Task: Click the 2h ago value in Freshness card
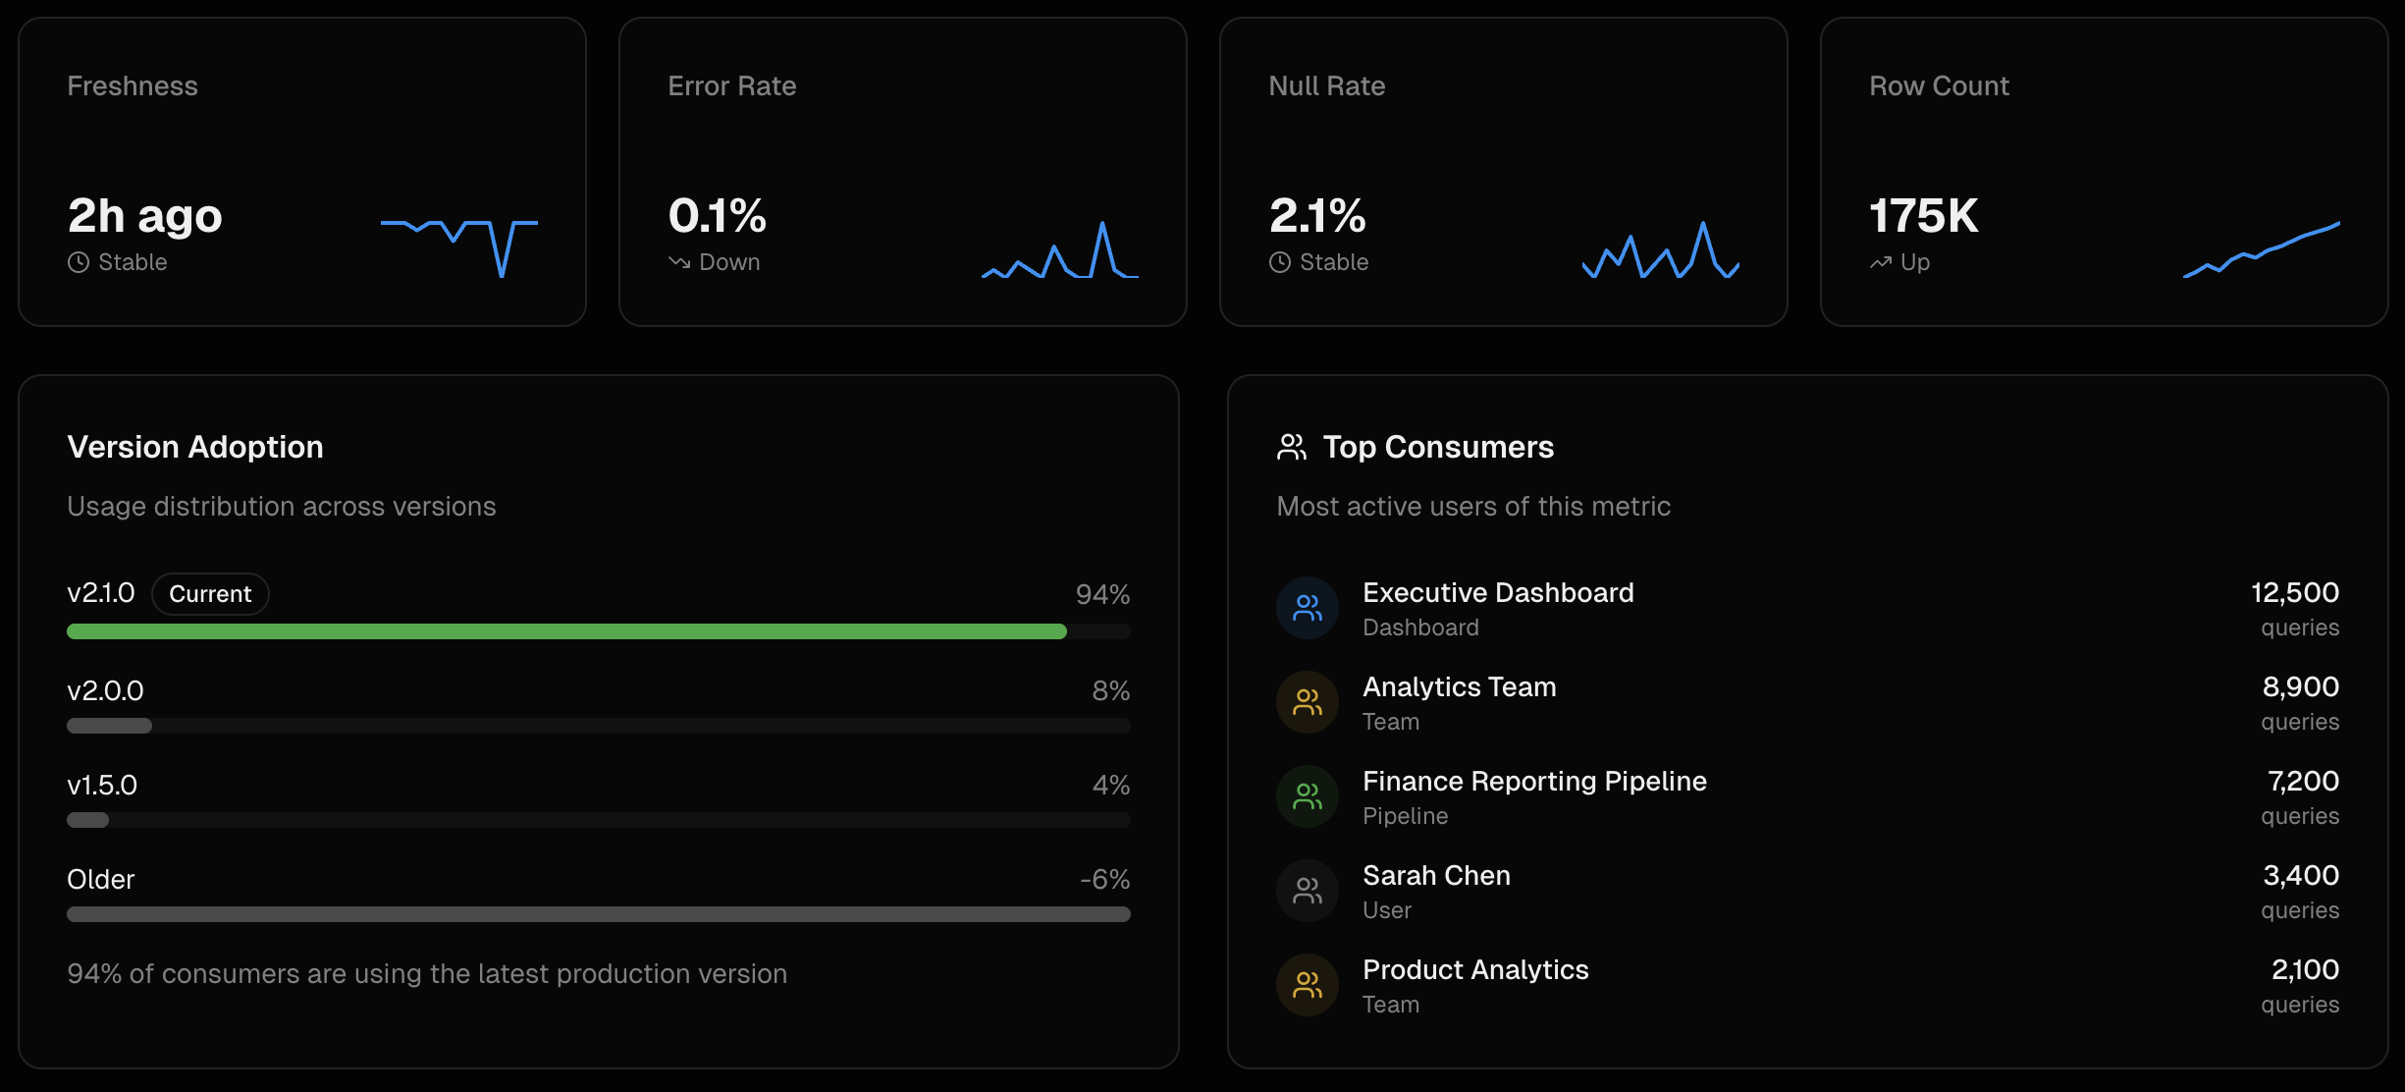point(144,216)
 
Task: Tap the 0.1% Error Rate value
point(717,216)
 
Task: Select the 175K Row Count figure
point(1923,216)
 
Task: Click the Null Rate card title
point(1326,86)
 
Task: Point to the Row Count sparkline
point(2261,250)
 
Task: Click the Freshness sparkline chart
point(458,246)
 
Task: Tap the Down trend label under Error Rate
point(728,262)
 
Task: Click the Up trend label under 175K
point(1914,262)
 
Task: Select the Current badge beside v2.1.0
point(210,594)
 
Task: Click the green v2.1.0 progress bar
point(566,631)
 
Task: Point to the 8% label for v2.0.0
point(1110,690)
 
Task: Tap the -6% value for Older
point(1104,879)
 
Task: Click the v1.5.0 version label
point(102,785)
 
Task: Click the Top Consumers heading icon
point(1291,448)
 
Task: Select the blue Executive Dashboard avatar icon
point(1307,608)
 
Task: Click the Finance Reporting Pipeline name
point(1534,781)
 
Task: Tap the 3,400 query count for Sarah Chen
point(2300,875)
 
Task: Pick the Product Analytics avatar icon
point(1307,985)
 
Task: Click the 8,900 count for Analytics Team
point(2300,686)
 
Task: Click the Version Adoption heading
point(195,448)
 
